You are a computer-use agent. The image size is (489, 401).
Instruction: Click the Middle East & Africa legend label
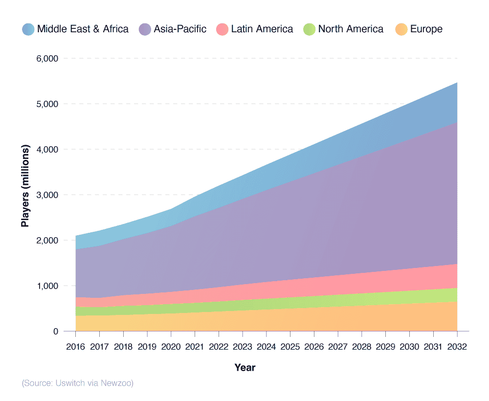click(83, 29)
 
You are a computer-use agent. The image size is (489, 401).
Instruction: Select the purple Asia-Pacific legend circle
click(145, 29)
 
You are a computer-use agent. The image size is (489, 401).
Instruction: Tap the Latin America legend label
click(262, 29)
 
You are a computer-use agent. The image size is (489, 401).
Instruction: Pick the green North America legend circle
click(310, 29)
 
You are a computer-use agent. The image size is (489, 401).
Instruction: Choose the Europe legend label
click(426, 29)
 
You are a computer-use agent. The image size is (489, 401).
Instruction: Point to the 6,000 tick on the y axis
click(47, 59)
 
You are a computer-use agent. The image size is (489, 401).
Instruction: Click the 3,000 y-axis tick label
click(47, 195)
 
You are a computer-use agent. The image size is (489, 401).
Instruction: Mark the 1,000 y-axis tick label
click(47, 286)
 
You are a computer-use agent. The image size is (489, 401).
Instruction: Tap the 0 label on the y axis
click(56, 332)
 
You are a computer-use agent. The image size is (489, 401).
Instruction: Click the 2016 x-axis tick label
click(76, 346)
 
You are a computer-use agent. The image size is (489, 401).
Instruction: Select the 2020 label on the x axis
click(171, 346)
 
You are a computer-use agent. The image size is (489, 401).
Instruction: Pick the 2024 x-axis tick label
click(267, 346)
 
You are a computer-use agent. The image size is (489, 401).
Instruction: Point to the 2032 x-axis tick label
click(457, 346)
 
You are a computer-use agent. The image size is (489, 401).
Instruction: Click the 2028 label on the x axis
click(362, 346)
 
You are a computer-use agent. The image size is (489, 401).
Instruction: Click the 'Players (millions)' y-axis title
click(25, 186)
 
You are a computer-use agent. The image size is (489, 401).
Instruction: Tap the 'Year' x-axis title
click(244, 367)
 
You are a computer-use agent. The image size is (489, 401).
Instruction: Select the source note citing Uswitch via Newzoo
click(77, 383)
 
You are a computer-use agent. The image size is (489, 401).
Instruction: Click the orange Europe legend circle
click(401, 29)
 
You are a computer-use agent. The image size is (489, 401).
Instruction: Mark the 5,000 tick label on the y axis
click(47, 104)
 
